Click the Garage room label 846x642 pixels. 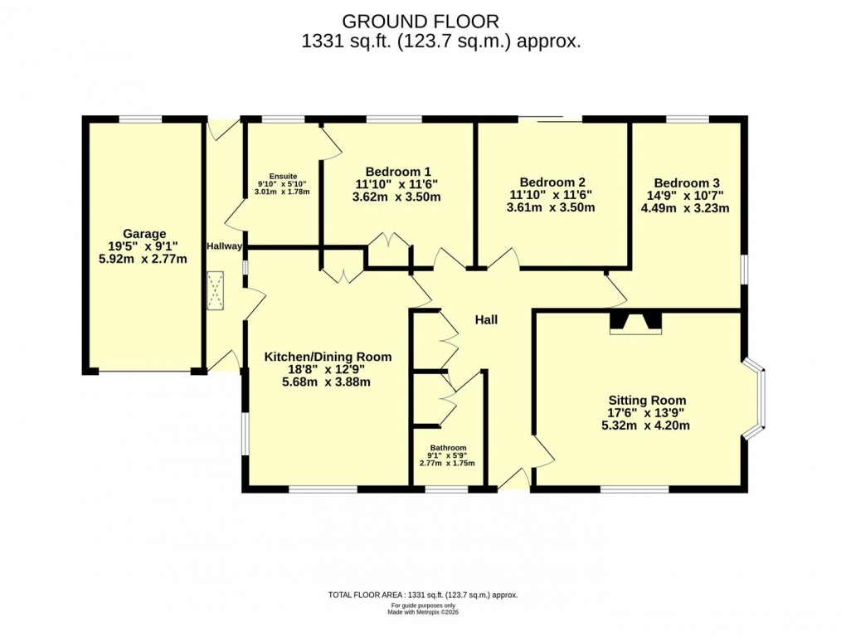[144, 234]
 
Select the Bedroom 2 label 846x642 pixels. [552, 182]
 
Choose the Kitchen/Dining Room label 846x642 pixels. [328, 357]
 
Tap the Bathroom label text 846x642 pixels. [447, 448]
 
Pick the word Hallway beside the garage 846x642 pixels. [224, 246]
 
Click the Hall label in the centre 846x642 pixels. [485, 319]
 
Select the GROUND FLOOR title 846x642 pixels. [421, 20]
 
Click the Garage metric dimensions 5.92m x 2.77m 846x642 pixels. [143, 259]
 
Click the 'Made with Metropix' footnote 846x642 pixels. [423, 612]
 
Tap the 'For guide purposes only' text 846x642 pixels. [423, 605]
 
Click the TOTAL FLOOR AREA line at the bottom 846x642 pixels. [423, 595]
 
